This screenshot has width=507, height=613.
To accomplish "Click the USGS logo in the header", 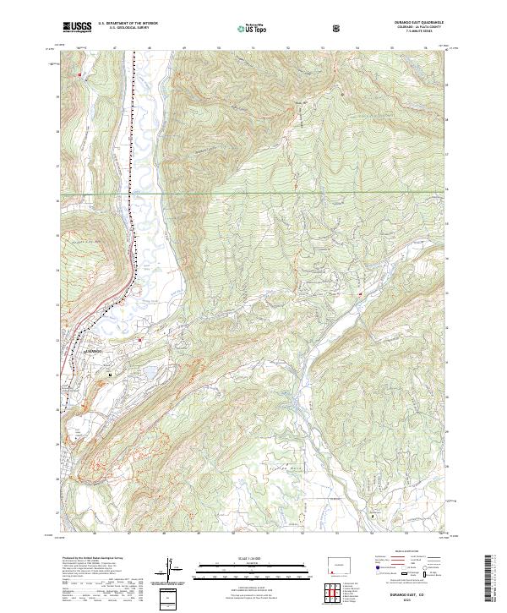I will [77, 27].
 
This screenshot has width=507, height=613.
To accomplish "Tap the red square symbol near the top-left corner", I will [80, 76].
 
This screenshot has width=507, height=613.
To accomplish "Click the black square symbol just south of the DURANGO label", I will [109, 371].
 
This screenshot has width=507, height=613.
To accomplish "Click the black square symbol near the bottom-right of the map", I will [373, 513].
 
